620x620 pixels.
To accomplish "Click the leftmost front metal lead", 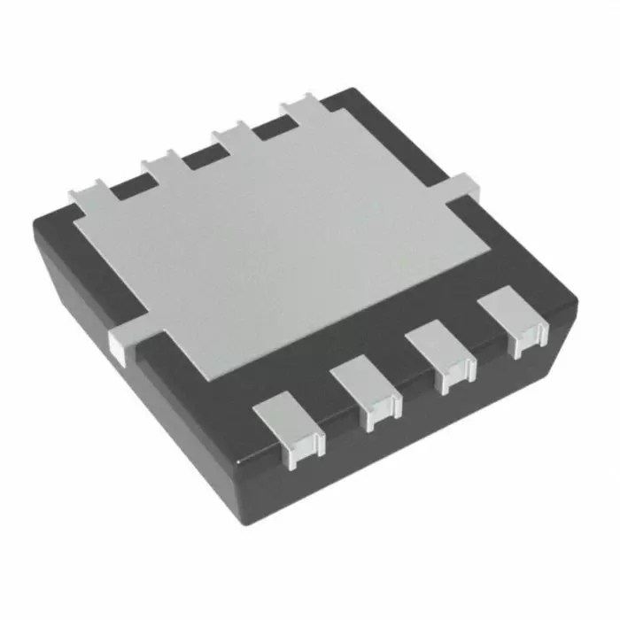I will (x=286, y=429).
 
